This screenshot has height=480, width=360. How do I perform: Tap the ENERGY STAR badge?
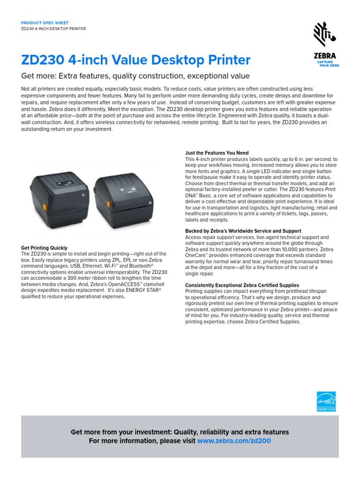point(326,402)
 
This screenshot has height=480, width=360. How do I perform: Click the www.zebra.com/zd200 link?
point(234,441)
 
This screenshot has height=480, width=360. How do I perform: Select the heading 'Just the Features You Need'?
point(217,153)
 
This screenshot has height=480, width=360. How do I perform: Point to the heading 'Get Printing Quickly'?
point(45,248)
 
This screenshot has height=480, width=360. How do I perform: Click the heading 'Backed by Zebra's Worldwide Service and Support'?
point(243,231)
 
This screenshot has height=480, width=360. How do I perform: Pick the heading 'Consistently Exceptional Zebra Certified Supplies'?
point(242,285)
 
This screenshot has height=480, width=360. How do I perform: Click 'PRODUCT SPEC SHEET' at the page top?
point(45,23)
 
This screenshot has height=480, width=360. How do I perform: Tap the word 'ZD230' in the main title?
point(43,60)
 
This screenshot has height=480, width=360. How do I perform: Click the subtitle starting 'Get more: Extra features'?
point(135,76)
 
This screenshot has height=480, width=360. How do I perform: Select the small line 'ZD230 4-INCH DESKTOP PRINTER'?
point(53,29)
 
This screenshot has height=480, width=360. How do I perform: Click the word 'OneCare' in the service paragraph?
point(196,255)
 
